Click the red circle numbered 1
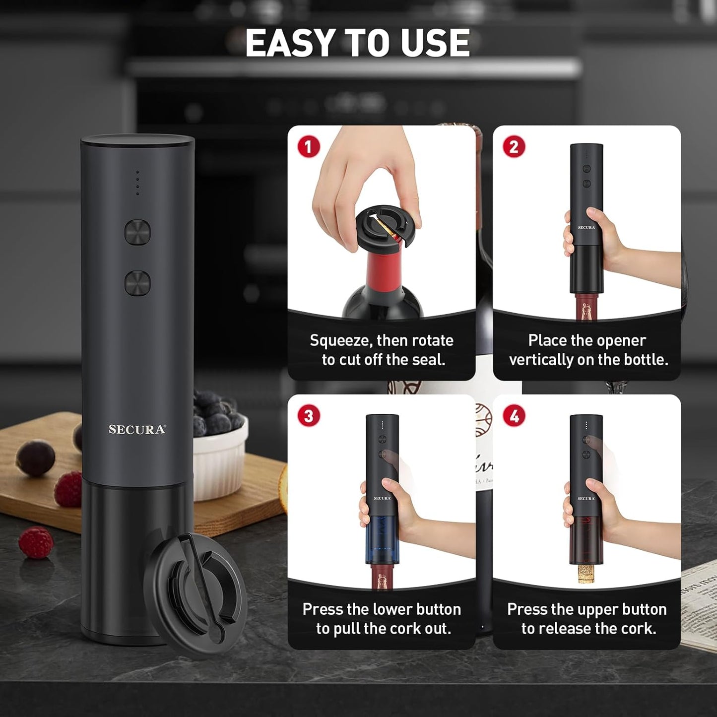coord(308,147)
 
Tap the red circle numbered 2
coord(514,147)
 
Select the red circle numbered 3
coord(308,416)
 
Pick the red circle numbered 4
coord(514,416)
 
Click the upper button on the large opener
coord(137,232)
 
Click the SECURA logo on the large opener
coord(137,430)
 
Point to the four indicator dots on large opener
coord(137,183)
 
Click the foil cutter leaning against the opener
coord(196,595)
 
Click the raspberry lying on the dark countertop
coord(36,542)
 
